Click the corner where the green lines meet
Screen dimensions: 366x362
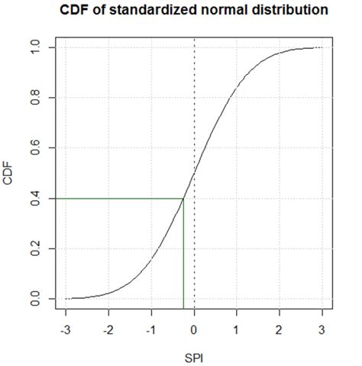(183, 199)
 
